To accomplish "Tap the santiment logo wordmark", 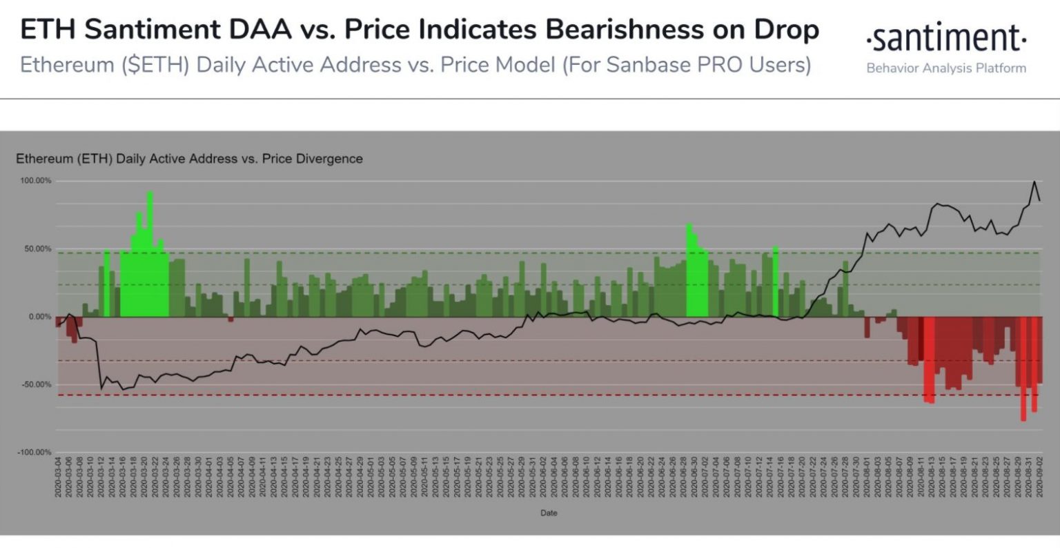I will tap(946, 39).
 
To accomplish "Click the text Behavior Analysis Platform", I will tap(946, 68).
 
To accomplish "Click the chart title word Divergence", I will tap(329, 159).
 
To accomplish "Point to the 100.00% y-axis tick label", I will tap(35, 181).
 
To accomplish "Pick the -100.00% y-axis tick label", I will tap(34, 452).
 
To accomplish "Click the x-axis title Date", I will tap(549, 513).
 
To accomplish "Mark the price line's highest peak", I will tap(1034, 182).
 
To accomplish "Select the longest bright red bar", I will tap(1023, 369).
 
